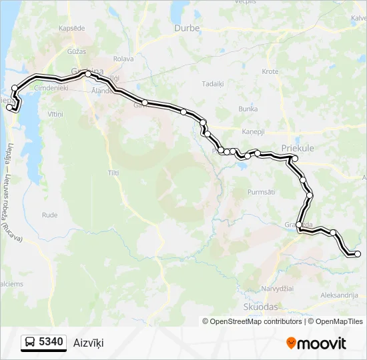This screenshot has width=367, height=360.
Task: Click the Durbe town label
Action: click(187, 28)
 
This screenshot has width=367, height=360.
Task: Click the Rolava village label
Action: click(124, 58)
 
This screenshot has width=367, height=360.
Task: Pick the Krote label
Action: click(270, 71)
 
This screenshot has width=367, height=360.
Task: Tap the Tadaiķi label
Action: click(213, 84)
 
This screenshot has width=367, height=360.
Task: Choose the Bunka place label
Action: click(248, 108)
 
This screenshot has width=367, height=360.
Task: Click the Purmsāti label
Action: click(261, 192)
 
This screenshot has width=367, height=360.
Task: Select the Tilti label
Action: click(113, 172)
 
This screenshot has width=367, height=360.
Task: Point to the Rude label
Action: click(50, 215)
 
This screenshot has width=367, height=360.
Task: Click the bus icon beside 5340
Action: click(31, 343)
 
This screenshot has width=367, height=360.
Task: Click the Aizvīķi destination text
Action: click(89, 343)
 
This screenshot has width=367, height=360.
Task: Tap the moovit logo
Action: click(316, 343)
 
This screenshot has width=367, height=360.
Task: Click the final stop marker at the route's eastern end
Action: click(358, 254)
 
